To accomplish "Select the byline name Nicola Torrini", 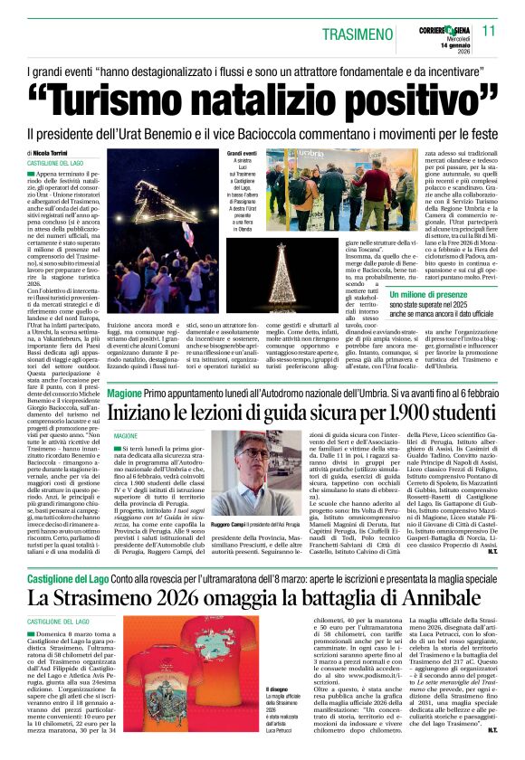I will point(54,154).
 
